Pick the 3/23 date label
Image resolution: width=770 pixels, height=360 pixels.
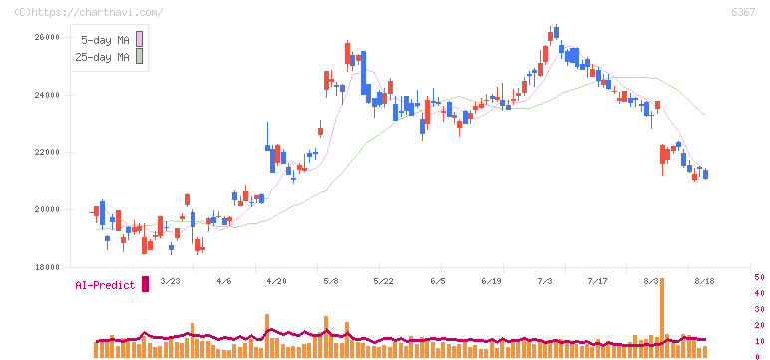pyautogui.click(x=170, y=281)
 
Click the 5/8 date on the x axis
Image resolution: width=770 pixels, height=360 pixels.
pyautogui.click(x=330, y=281)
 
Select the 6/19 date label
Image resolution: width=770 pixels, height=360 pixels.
pyautogui.click(x=491, y=281)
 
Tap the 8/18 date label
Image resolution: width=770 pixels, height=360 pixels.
pyautogui.click(x=705, y=281)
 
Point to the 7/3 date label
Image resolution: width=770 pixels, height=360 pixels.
pyautogui.click(x=545, y=281)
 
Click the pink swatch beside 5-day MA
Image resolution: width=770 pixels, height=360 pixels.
pyautogui.click(x=139, y=39)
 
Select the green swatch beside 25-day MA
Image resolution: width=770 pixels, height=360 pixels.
pyautogui.click(x=139, y=56)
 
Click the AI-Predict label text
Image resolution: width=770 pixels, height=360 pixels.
pyautogui.click(x=105, y=285)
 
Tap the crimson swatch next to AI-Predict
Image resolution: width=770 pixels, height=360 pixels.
pyautogui.click(x=145, y=284)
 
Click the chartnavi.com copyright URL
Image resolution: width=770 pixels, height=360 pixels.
pyautogui.click(x=88, y=12)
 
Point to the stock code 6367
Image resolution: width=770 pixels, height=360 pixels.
pyautogui.click(x=743, y=12)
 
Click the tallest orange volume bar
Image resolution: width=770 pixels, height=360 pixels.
pyautogui.click(x=662, y=317)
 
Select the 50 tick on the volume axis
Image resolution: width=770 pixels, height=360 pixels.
pyautogui.click(x=759, y=277)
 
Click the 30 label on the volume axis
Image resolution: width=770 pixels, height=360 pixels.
pyautogui.click(x=759, y=309)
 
